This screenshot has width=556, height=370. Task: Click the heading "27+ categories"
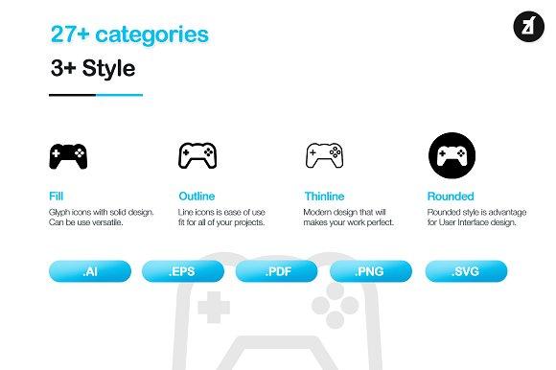pos(129,35)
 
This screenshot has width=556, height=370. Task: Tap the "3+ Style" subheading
pos(93,68)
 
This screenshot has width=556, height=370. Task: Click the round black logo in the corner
pos(529,27)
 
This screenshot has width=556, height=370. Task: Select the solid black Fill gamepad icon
pos(68,156)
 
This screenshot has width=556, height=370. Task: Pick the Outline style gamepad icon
pos(197,155)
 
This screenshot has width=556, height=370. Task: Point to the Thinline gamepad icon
pos(324,155)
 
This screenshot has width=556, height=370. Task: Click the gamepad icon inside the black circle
pos(452,156)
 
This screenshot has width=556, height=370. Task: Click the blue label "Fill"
pos(56,196)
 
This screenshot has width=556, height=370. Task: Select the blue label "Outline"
pos(197,196)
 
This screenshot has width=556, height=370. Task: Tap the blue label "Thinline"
pos(324,196)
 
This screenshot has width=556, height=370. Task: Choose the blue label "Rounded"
pos(451,196)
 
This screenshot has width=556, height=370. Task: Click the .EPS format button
pos(183,271)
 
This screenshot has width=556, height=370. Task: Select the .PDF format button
pos(277,271)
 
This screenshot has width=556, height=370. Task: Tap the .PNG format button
pos(371,271)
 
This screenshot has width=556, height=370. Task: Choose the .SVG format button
pos(466,271)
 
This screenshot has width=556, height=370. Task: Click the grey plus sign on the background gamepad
pos(214,308)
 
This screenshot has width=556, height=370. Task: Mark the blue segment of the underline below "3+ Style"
pos(120,95)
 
